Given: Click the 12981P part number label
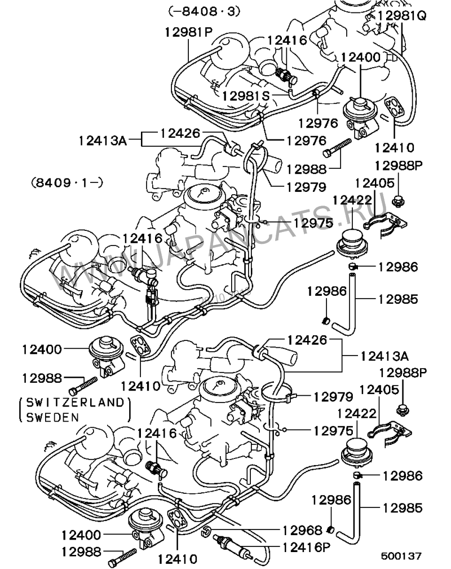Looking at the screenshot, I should point(188,32).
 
